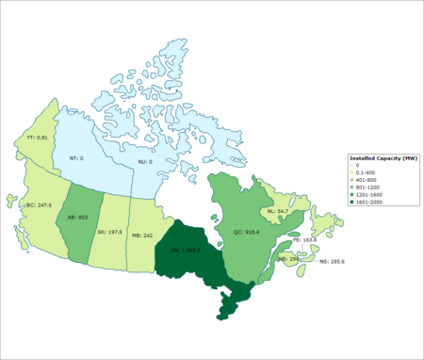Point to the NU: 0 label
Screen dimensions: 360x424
142,162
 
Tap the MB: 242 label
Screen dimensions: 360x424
142,236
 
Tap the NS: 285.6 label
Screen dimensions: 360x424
333,260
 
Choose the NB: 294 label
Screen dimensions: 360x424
288,258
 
